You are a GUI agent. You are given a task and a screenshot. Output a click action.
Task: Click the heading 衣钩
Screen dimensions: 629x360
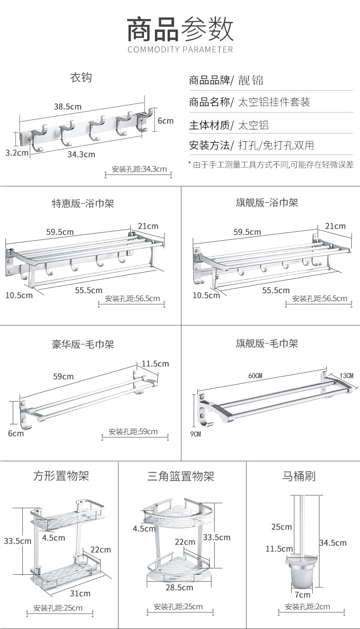tap(81, 77)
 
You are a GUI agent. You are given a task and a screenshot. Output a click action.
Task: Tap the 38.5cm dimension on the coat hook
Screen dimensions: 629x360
tap(67, 107)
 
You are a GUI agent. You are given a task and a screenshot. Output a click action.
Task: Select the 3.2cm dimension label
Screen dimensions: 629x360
tap(16, 152)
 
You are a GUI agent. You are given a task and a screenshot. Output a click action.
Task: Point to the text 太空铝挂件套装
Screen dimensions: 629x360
tap(274, 102)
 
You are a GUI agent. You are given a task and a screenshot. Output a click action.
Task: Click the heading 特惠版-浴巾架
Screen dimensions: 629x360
tap(82, 203)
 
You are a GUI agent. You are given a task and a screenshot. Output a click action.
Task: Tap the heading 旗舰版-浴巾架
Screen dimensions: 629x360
tap(267, 202)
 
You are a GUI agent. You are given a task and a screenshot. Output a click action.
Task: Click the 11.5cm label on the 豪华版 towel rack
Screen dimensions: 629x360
tap(155, 363)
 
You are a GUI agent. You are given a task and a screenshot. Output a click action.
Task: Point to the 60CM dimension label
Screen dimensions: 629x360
tap(255, 376)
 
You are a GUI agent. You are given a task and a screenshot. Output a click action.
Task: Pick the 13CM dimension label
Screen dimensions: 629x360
tap(346, 376)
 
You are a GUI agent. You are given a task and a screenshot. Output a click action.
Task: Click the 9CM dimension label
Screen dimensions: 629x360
tap(195, 434)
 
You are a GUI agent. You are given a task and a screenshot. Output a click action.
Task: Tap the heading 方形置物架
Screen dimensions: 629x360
tap(61, 476)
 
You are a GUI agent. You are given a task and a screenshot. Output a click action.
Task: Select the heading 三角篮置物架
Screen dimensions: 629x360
tap(180, 477)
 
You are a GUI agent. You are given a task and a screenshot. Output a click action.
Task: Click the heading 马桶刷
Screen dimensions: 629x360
tap(299, 477)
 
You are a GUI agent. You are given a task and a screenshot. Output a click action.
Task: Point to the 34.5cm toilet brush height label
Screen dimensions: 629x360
tap(333, 542)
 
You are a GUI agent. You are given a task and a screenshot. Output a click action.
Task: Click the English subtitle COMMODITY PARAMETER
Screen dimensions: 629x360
tap(180, 49)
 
